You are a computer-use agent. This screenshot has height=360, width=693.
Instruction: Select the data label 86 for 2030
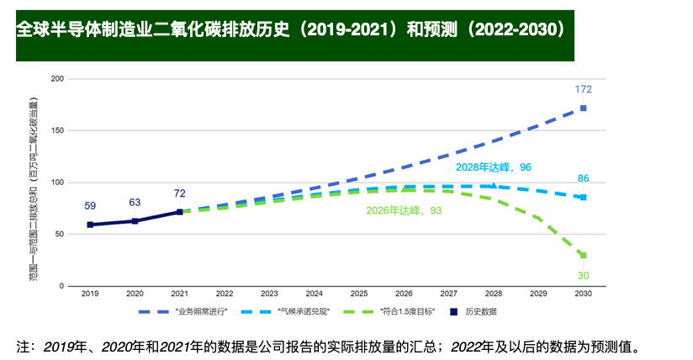point(583,179)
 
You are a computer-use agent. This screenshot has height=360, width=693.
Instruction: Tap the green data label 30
point(583,275)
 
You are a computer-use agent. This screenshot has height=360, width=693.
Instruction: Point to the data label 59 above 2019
point(90,205)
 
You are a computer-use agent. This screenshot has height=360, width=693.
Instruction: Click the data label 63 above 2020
point(135,202)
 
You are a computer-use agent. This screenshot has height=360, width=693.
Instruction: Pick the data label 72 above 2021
point(179,193)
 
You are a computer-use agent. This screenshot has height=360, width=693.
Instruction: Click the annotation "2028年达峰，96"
point(494,168)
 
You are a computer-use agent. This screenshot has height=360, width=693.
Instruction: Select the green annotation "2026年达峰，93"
point(405,210)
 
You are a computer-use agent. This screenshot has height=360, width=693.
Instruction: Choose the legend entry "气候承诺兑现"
point(304,311)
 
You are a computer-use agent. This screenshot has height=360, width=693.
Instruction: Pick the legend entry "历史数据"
point(481,311)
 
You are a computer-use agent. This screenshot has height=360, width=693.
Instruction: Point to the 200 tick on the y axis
point(57,79)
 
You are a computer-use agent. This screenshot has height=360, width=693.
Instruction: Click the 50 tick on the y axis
point(59,235)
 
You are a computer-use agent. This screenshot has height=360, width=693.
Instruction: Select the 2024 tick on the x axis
point(314,294)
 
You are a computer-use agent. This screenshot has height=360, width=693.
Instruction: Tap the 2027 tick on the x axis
point(448,294)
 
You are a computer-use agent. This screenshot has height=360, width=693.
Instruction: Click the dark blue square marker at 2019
point(90,225)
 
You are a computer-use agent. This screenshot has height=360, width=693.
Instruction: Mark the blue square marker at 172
point(583,109)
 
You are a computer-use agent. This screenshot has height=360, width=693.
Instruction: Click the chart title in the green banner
point(290,30)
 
